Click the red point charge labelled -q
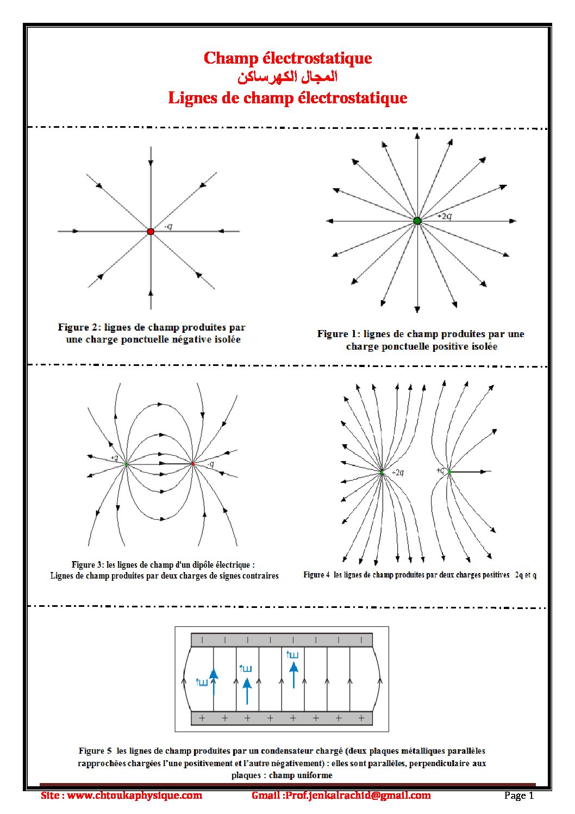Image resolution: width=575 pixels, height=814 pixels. (151, 232)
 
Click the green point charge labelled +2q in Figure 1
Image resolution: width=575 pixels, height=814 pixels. (417, 221)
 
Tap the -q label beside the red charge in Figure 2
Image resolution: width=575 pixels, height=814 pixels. (168, 226)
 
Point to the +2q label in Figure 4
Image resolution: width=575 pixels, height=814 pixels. (398, 473)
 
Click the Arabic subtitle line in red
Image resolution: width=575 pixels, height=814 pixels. (287, 77)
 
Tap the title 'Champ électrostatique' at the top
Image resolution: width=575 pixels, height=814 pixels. (287, 58)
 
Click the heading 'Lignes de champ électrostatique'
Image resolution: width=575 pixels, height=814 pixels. (287, 98)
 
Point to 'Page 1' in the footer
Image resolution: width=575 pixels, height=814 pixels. (519, 796)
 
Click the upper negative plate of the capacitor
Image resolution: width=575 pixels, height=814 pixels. (282, 640)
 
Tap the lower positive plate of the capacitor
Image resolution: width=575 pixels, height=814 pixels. (282, 718)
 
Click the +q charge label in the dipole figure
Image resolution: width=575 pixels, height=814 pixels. (114, 458)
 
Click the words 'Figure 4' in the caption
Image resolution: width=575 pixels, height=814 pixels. (316, 575)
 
